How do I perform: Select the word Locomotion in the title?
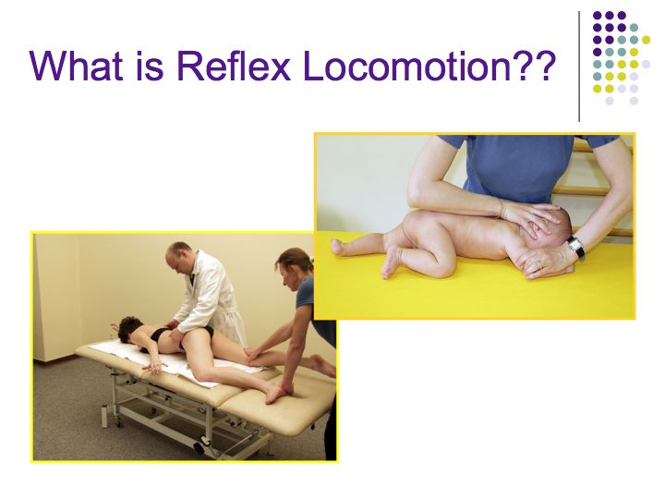407,65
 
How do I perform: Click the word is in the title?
150,65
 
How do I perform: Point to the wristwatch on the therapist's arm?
576,247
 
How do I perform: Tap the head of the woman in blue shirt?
294,267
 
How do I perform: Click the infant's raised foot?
339,247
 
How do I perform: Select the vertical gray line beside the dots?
579,67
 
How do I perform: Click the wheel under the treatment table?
199,447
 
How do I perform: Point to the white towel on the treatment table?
170,359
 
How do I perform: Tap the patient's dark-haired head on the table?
130,328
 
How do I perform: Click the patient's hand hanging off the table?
154,366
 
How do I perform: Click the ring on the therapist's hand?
539,265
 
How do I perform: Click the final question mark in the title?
545,65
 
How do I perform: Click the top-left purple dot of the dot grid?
598,16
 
